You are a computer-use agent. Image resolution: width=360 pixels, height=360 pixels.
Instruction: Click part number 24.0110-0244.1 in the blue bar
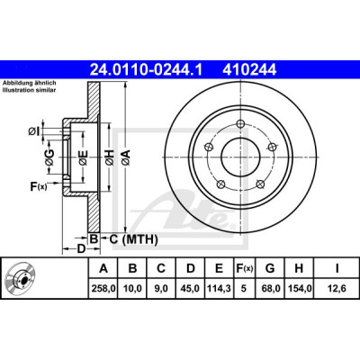[x=146, y=70]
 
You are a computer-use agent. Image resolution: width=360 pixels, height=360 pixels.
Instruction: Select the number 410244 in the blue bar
[x=249, y=70]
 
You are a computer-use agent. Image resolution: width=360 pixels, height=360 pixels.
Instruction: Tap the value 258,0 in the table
[x=103, y=289]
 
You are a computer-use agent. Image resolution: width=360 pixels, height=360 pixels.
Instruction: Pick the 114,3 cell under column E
[x=220, y=289]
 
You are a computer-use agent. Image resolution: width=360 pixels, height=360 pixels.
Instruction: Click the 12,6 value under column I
[x=337, y=289]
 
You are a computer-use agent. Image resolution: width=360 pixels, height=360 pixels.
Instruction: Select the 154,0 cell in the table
[x=300, y=289]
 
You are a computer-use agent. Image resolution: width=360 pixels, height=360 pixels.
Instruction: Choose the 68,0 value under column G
[x=270, y=289]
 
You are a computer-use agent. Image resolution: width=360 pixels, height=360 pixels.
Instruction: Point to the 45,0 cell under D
[x=191, y=289]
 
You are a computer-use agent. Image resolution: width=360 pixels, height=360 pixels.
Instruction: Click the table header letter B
[x=132, y=268]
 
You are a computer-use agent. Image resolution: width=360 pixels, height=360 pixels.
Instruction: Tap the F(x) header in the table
[x=244, y=268]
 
